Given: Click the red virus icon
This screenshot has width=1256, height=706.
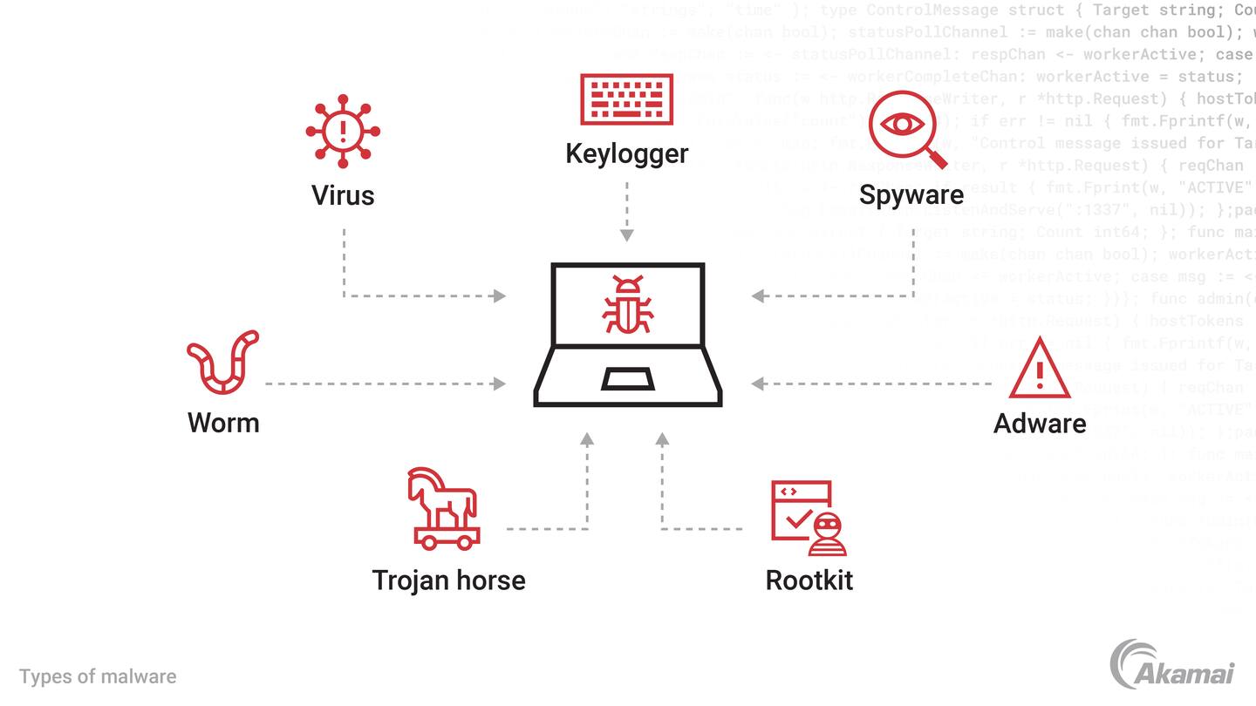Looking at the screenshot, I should (343, 131).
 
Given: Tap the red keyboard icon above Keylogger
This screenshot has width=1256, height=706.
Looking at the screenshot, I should (626, 99).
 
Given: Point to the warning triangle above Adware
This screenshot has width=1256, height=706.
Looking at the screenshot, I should (1039, 369).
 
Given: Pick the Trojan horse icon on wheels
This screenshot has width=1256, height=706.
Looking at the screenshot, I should (443, 508).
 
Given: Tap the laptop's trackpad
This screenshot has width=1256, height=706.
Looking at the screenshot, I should (628, 379).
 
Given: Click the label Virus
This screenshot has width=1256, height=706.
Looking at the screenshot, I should (343, 195).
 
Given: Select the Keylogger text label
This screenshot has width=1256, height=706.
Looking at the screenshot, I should (626, 153).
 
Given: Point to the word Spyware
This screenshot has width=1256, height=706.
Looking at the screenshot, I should (911, 194).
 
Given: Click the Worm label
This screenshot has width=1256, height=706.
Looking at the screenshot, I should (223, 423).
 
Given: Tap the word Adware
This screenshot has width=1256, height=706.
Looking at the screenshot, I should (1040, 424).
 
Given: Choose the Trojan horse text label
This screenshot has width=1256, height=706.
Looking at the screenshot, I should (448, 580).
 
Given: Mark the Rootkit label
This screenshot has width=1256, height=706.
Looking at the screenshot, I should (809, 580).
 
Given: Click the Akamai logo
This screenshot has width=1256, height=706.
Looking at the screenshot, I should (1171, 664).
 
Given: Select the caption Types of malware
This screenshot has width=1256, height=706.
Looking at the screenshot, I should (98, 676).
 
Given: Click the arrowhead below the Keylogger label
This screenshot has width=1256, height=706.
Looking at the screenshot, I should (627, 235).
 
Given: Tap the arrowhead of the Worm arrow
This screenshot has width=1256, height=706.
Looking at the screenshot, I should (500, 384).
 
